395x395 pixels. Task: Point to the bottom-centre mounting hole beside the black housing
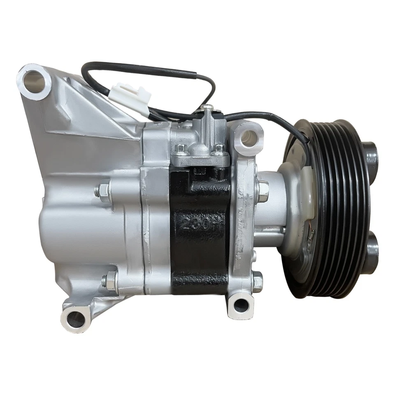coord(241,305)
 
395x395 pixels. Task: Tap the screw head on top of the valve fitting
coord(209,108)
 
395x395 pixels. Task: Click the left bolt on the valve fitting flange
coord(181,148)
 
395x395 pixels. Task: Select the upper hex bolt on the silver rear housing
coord(102,190)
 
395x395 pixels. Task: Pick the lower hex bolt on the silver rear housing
coord(109,281)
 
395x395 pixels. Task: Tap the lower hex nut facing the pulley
coord(258,281)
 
